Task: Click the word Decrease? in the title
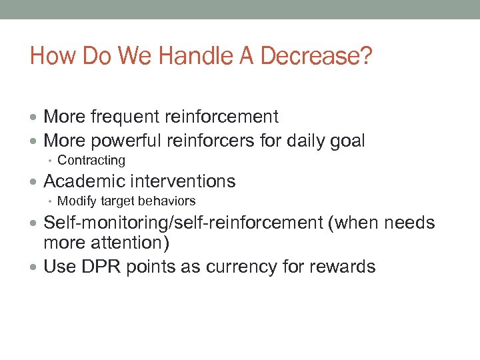(316, 56)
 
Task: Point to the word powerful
(124, 141)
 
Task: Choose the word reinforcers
(213, 141)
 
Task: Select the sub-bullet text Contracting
(91, 160)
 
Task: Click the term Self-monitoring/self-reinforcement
(183, 223)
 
